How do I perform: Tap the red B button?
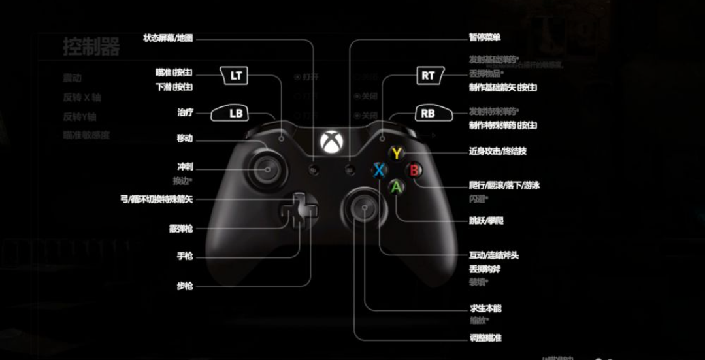(x=414, y=170)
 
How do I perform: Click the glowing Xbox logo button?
(x=331, y=140)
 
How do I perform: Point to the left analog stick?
(x=268, y=169)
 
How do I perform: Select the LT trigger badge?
(x=236, y=75)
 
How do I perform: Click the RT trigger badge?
(x=428, y=75)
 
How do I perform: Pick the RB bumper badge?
(x=428, y=113)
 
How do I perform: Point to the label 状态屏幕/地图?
(x=168, y=38)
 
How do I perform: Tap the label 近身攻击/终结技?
(x=498, y=152)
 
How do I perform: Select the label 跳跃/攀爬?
(x=486, y=221)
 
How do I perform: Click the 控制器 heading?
(x=91, y=47)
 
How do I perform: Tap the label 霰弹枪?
(x=181, y=229)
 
